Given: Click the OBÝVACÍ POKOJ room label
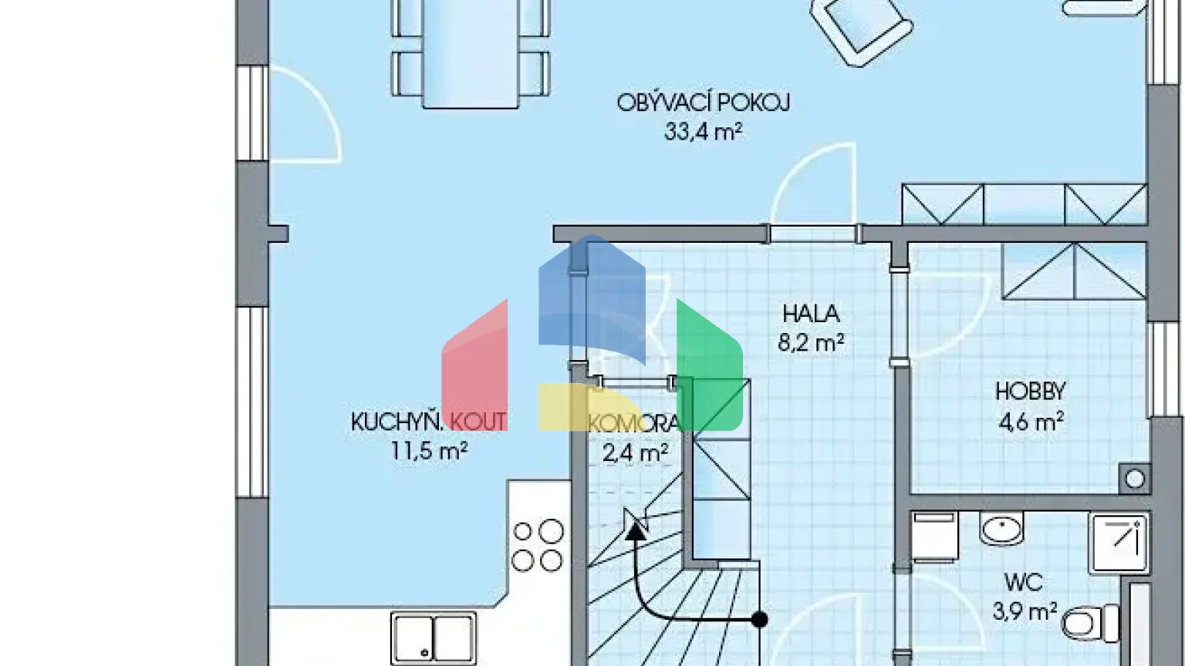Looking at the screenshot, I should (x=703, y=103).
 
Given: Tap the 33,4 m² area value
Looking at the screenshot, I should (x=703, y=132).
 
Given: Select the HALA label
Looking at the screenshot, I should (x=811, y=314).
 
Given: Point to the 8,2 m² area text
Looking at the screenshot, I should (x=811, y=342).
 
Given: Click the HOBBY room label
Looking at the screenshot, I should (x=1030, y=392).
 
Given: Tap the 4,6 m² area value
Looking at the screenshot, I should (x=1031, y=422).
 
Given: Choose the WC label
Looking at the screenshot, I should (x=1023, y=582).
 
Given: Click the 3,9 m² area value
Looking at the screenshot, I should (x=1024, y=612).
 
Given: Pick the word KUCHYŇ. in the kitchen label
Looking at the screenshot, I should (x=397, y=422).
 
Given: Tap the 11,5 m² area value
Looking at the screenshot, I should (x=429, y=451).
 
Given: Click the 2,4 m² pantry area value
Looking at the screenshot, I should (x=634, y=452).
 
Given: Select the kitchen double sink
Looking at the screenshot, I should (x=433, y=637).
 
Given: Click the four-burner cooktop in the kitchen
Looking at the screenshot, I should (x=538, y=546).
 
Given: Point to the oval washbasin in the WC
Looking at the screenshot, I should (x=1001, y=530).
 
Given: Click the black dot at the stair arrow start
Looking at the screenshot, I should (x=760, y=619).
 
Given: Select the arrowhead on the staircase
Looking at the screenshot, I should (x=636, y=527).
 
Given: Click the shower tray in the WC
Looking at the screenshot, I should (x=1119, y=543).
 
